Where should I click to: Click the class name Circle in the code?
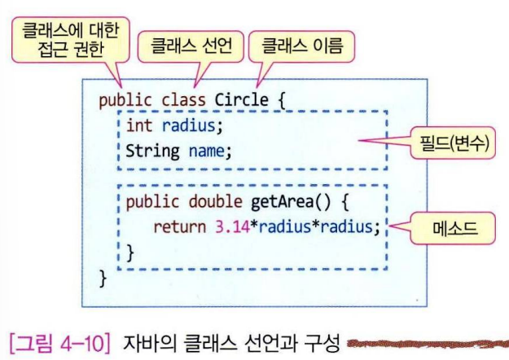(x=240, y=100)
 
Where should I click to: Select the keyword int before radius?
(x=139, y=126)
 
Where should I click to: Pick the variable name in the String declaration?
(x=207, y=151)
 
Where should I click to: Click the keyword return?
(x=181, y=226)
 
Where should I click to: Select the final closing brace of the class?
(x=103, y=278)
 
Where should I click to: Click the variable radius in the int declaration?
(x=191, y=126)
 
